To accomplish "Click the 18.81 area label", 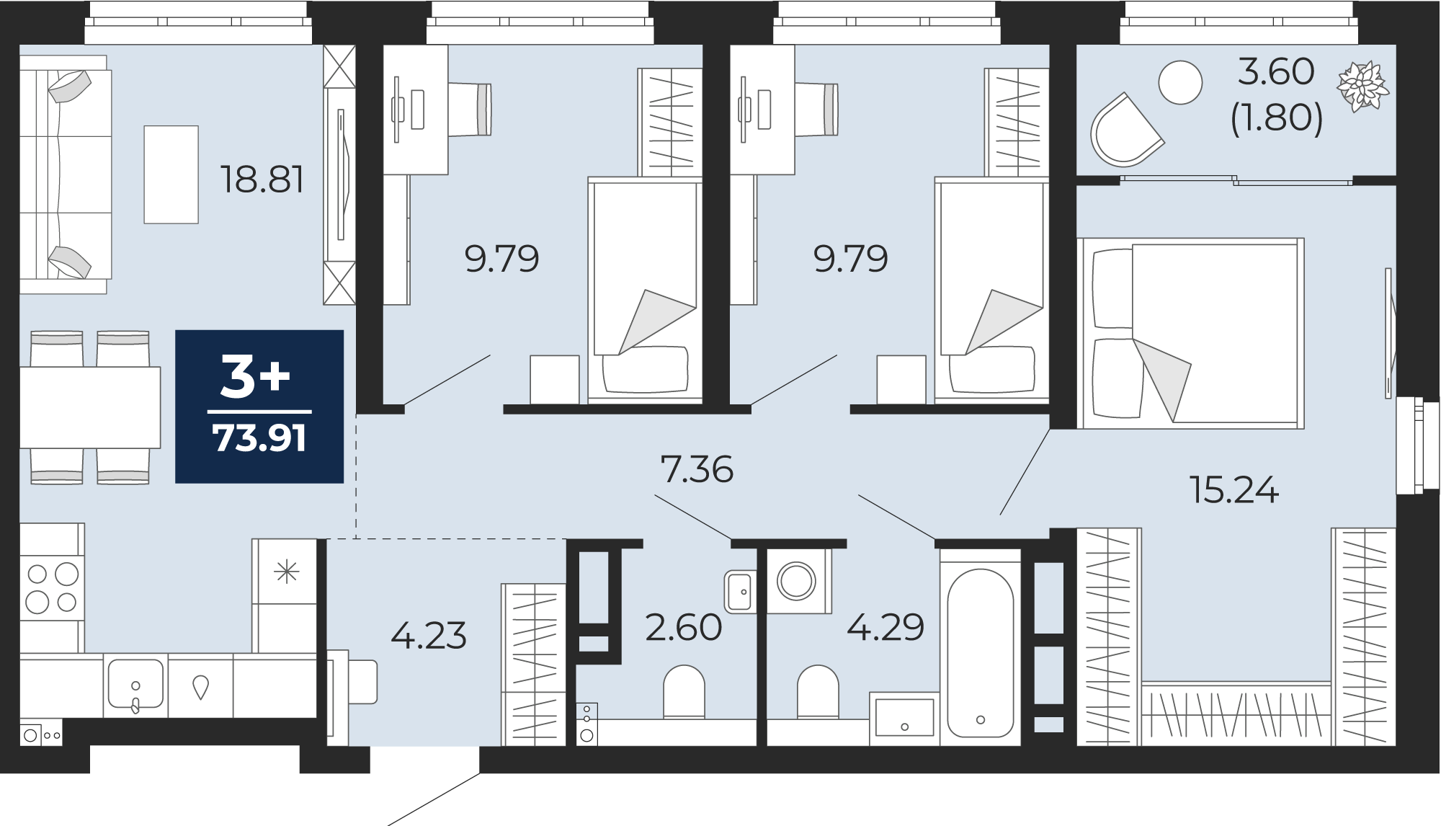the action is (262, 179).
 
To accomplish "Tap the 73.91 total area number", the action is (259, 438).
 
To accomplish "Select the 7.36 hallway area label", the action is (697, 469).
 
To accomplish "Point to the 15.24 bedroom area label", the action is (1234, 490).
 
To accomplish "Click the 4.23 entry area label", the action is (429, 636).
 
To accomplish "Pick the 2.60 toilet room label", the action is (683, 627).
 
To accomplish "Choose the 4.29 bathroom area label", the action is (885, 627).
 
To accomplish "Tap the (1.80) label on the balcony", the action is (1276, 118).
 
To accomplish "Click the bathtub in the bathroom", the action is (980, 652).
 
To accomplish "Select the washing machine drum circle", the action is (796, 580).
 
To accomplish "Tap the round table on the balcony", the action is (1180, 82).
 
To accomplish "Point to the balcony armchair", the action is (1124, 131).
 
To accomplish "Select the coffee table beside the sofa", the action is (171, 174).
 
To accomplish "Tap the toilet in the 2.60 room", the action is (684, 692).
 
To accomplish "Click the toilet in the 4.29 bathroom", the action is (818, 692).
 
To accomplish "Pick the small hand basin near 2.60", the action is (740, 591).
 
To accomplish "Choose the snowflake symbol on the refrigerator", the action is (287, 573).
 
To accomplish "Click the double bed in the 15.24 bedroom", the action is (1191, 334).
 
